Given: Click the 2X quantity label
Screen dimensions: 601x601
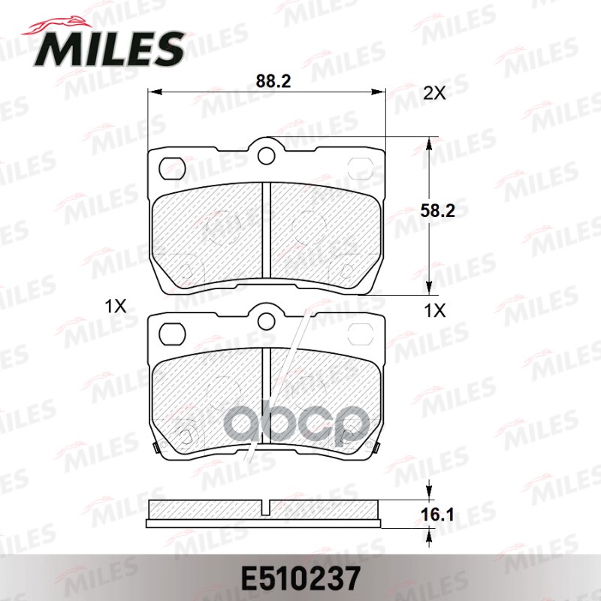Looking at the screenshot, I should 434,93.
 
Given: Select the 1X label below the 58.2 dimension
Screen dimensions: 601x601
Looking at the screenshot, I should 434,309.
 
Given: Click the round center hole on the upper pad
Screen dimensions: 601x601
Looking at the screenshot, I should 266,155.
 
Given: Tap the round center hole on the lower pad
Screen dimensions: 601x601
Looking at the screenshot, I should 266,322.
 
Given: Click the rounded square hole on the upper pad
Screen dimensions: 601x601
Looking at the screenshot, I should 174,166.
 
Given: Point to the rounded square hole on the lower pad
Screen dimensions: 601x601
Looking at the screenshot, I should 174,331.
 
